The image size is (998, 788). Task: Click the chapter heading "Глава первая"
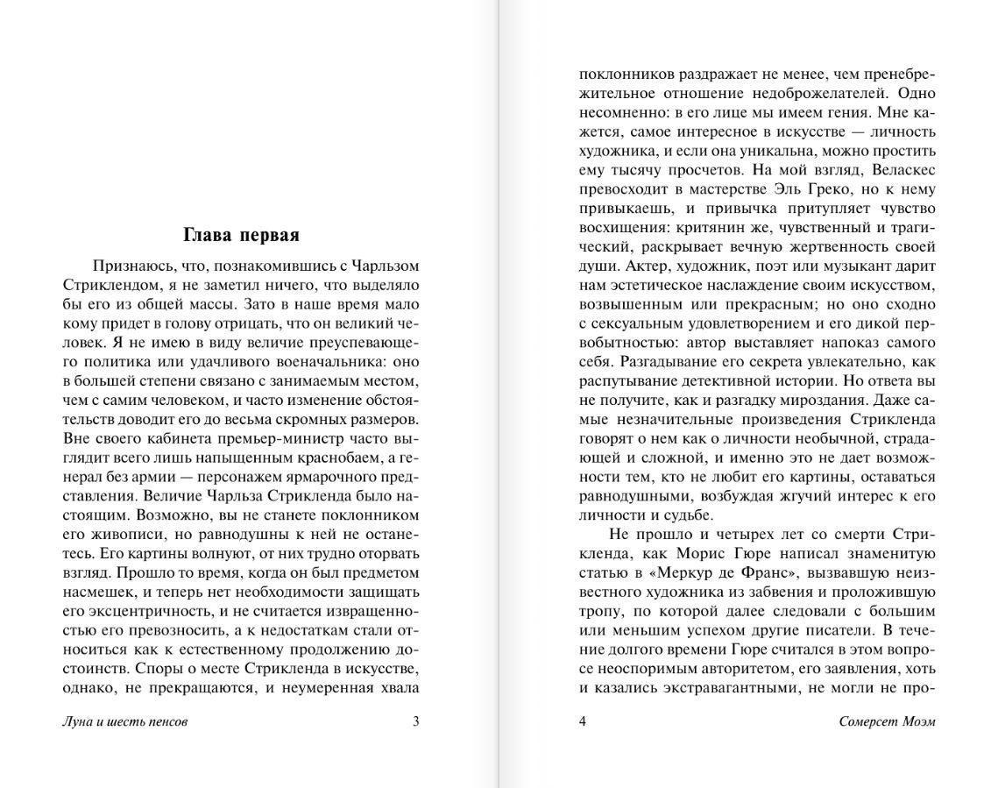[x=241, y=235]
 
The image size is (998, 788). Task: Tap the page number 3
[x=415, y=721]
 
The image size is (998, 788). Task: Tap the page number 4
[x=583, y=721]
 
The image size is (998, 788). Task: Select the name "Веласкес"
[x=902, y=170]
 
